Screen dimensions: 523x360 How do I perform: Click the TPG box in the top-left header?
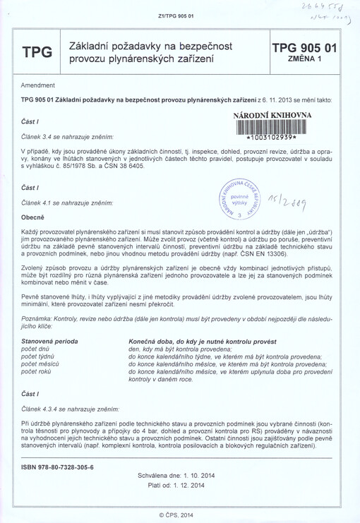(37, 52)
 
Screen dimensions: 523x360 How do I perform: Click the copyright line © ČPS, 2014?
(179, 515)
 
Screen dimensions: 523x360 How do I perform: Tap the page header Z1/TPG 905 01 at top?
(179, 16)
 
